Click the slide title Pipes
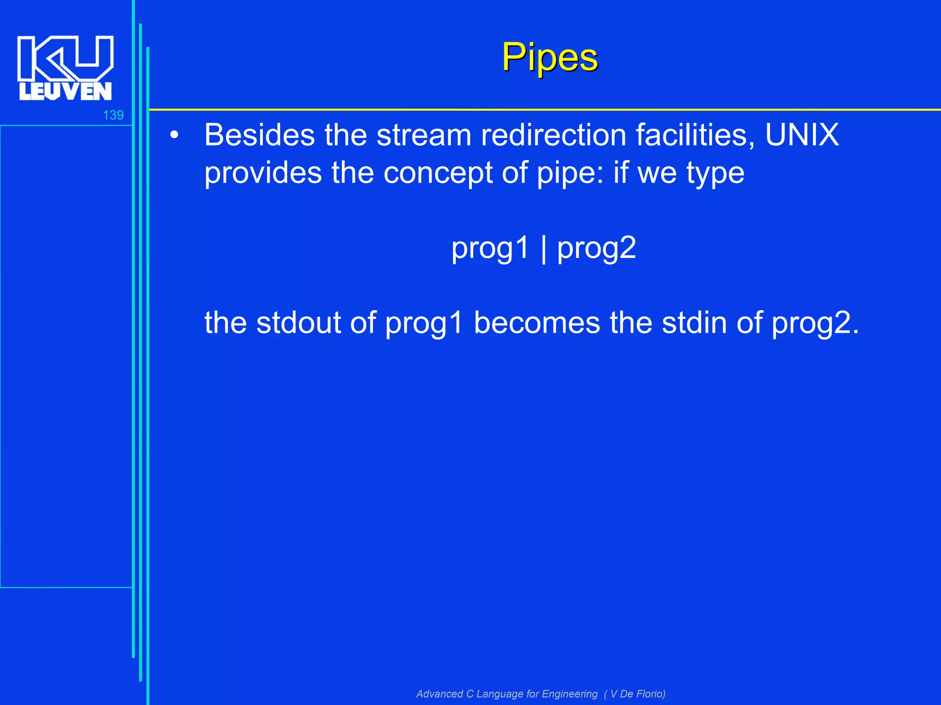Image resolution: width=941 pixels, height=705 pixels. (550, 57)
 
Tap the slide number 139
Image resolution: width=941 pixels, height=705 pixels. (113, 115)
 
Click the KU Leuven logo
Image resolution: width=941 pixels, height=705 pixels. (65, 68)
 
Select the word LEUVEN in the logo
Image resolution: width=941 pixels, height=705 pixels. (65, 91)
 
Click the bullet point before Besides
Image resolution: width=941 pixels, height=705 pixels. (174, 135)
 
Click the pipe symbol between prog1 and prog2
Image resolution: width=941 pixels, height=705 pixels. (544, 249)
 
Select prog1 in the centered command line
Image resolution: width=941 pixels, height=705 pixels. (490, 249)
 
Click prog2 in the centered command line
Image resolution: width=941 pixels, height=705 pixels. (596, 249)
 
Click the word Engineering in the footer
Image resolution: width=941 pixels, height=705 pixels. (569, 694)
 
